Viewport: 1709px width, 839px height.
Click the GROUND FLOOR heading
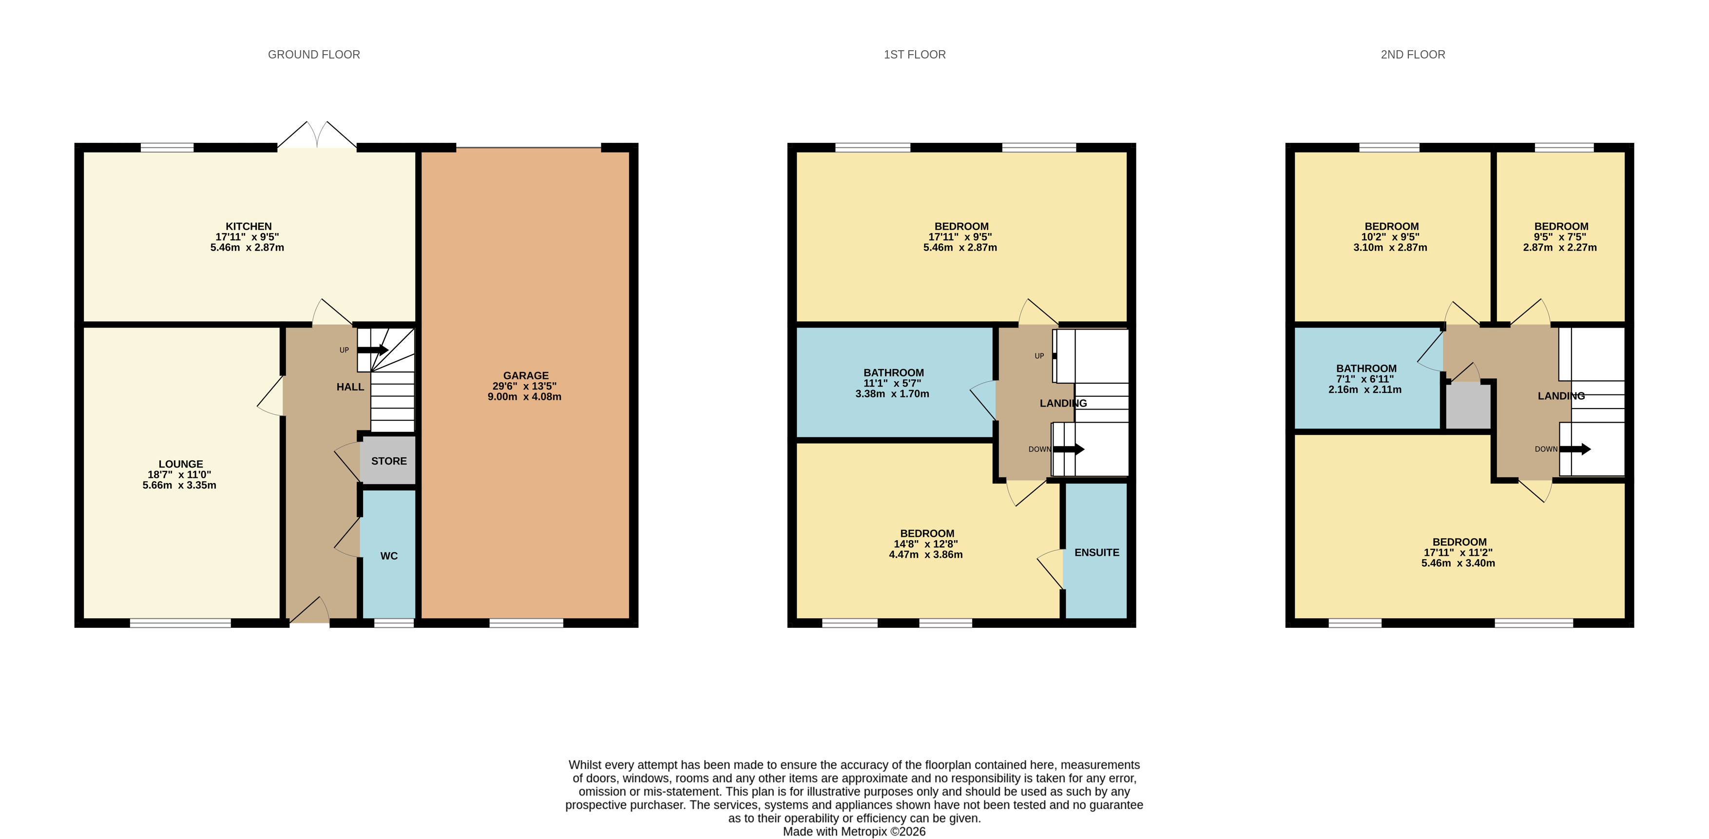pos(314,55)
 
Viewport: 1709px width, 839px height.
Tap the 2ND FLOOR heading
pos(1412,55)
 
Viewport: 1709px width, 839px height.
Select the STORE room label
pos(389,461)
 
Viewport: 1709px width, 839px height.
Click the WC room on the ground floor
pos(389,556)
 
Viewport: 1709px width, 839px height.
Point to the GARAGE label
pos(525,376)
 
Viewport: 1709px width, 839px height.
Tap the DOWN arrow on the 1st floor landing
pos(1069,449)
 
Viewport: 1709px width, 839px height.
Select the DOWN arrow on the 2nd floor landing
pos(1575,449)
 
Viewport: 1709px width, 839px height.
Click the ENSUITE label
pos(1096,552)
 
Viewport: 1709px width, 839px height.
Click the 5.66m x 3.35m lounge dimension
pos(179,485)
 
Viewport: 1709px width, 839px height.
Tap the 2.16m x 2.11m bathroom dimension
pos(1364,390)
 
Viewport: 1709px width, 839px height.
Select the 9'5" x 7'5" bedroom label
pos(1560,237)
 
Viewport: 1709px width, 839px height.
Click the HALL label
pos(350,387)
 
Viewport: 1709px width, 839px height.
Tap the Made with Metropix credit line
pos(854,832)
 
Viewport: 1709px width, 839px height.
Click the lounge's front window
pos(180,623)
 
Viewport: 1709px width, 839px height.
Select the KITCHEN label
pos(248,226)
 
